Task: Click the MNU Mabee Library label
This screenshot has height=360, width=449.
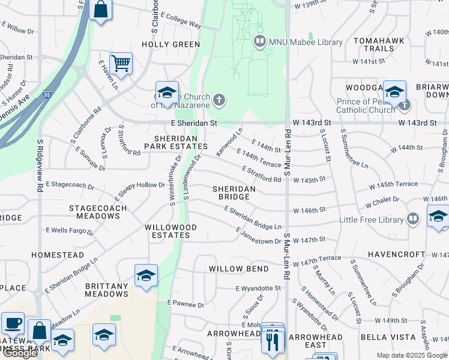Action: (x=306, y=42)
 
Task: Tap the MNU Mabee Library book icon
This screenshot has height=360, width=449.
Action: (x=260, y=42)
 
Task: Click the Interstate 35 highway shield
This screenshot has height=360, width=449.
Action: (x=48, y=94)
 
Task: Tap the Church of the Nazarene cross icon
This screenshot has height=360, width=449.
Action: (x=219, y=100)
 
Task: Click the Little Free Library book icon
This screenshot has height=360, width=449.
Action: (x=412, y=218)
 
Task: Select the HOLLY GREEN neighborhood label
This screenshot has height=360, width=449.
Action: (x=170, y=44)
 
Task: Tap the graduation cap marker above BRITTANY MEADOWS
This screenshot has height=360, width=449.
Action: (x=146, y=275)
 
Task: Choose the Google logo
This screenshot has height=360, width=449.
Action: (x=20, y=353)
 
